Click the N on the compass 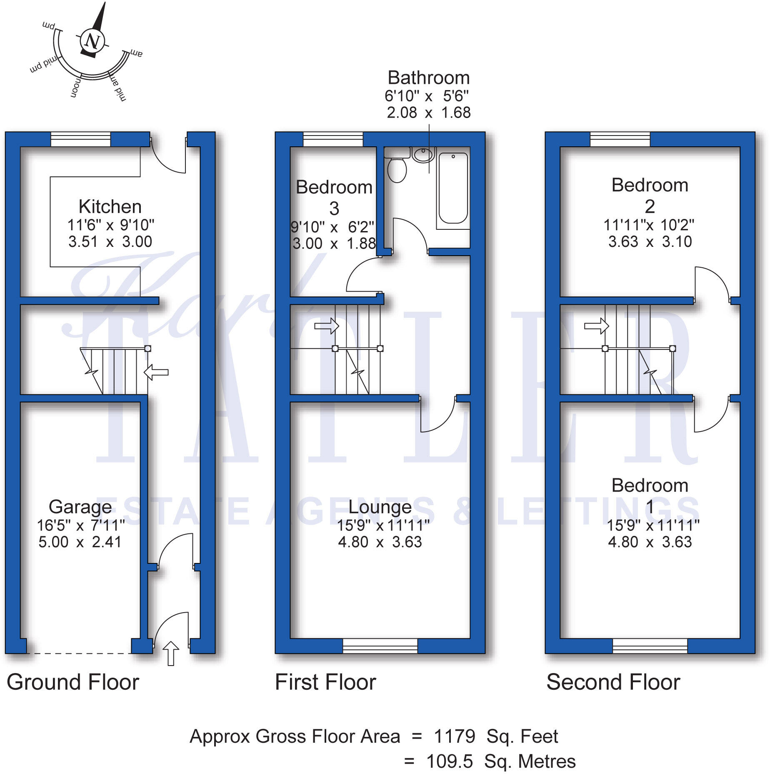click(92, 41)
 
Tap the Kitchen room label click(110, 207)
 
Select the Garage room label click(80, 507)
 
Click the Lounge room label click(380, 507)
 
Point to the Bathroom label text click(428, 78)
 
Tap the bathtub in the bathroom click(453, 188)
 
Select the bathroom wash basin click(423, 154)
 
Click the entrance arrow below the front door click(170, 653)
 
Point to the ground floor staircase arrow click(156, 372)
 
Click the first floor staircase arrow click(327, 325)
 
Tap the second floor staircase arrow click(597, 325)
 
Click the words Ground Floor click(73, 683)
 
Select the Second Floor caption click(613, 683)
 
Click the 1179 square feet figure click(454, 736)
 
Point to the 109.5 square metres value click(450, 761)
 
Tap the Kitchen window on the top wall click(80, 139)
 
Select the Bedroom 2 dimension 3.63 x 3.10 click(650, 242)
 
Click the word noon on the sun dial click(75, 87)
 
